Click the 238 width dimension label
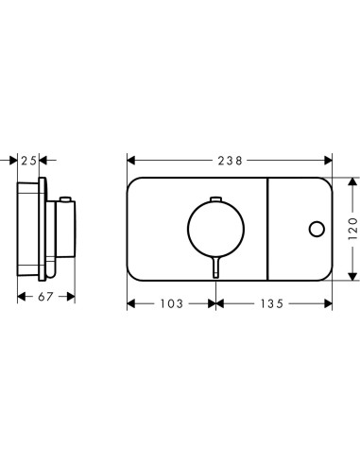(231, 161)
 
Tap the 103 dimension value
(172, 303)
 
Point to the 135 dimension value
(272, 303)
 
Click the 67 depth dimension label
(46, 297)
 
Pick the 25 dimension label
(29, 161)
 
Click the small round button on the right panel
(317, 229)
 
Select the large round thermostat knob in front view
(215, 229)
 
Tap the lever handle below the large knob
(215, 267)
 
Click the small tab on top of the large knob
(215, 199)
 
